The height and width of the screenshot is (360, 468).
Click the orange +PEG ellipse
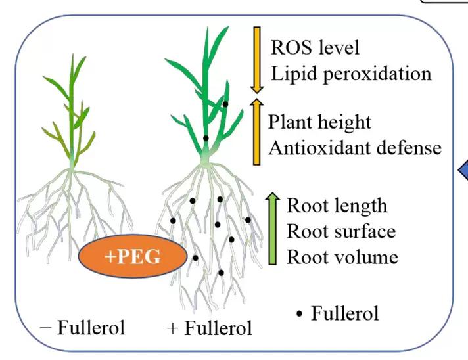(x=132, y=256)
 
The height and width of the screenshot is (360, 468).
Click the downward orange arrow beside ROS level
(x=257, y=59)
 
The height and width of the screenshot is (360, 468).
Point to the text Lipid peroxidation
(x=351, y=72)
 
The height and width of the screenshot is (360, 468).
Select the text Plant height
(x=320, y=122)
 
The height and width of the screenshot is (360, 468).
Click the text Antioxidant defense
(x=355, y=148)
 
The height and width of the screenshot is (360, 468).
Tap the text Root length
(x=337, y=206)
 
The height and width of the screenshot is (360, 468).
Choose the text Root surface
(x=341, y=231)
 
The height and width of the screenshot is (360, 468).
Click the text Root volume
(x=342, y=256)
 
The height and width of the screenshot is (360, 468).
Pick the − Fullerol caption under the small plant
(x=82, y=326)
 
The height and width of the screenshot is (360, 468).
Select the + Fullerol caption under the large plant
(x=210, y=327)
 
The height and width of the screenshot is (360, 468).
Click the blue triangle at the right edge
(x=463, y=173)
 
